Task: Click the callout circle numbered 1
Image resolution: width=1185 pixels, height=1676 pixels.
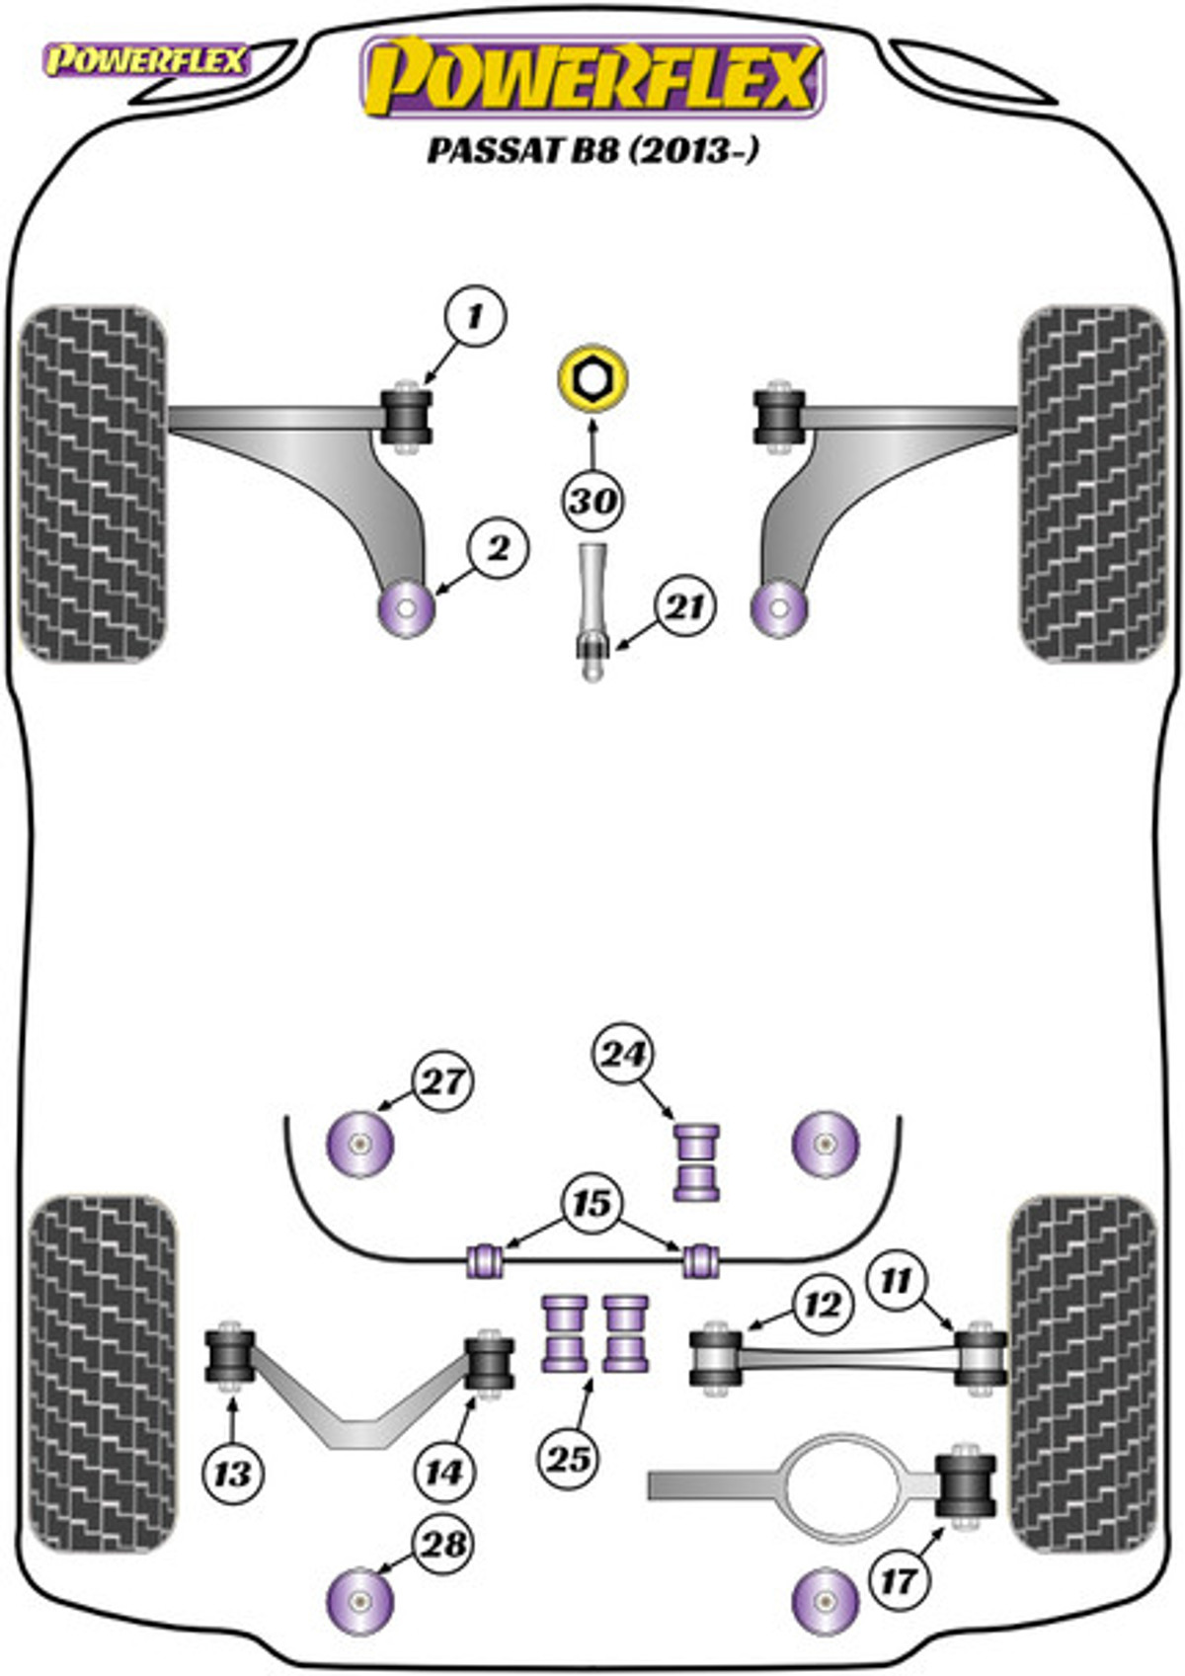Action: click(x=475, y=316)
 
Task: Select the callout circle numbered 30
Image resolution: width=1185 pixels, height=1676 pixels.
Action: click(x=592, y=501)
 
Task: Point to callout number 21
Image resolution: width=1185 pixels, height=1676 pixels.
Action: click(x=684, y=606)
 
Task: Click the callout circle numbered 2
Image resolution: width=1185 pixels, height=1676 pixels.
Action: click(x=500, y=546)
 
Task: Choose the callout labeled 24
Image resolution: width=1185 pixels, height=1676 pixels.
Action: click(x=623, y=1056)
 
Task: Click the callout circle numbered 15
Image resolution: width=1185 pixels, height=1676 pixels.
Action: click(x=592, y=1204)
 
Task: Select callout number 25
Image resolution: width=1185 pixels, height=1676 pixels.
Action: click(x=569, y=1458)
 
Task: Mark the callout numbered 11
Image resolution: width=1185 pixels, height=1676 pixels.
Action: click(x=897, y=1281)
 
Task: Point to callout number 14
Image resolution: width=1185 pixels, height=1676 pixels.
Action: click(x=443, y=1473)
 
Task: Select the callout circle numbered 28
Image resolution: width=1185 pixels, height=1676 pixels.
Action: click(x=443, y=1544)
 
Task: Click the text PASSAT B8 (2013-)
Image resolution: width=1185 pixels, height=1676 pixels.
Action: click(x=592, y=151)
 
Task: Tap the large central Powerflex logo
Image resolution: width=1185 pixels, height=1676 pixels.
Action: click(x=592, y=77)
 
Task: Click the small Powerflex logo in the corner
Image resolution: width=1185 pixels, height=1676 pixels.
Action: click(x=145, y=61)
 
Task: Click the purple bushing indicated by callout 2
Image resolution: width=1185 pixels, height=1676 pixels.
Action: click(x=407, y=609)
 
